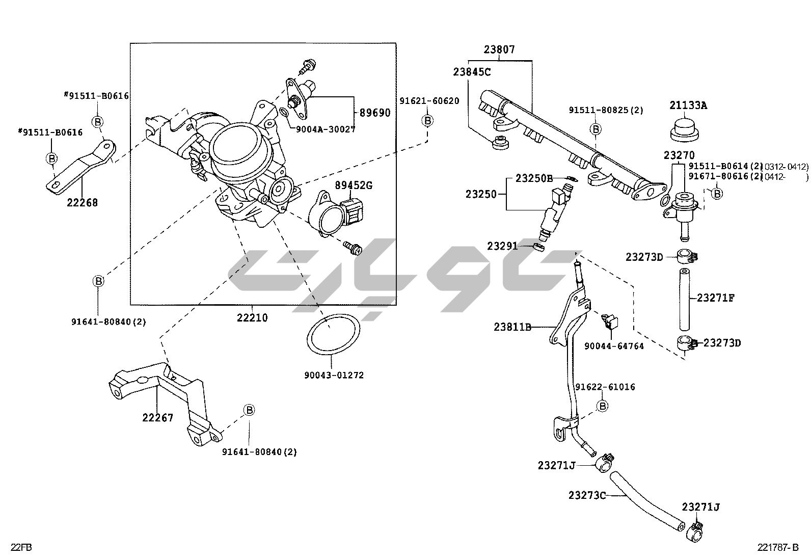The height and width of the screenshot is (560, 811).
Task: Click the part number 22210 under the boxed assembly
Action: pos(252,317)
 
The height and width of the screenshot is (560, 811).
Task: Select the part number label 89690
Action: pos(374,113)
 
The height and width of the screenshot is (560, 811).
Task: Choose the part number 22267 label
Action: pos(157,418)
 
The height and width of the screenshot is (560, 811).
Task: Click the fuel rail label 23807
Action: pos(499,50)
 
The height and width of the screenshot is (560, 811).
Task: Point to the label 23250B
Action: pos(534,178)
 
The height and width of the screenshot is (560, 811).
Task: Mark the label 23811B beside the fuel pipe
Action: pos(512,327)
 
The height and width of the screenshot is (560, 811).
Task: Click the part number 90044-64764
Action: pos(614,346)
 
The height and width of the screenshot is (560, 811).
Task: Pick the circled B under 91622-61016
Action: pos(602,406)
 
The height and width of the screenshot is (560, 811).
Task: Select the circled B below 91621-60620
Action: pos(427,120)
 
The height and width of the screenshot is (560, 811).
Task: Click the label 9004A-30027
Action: pos(325,129)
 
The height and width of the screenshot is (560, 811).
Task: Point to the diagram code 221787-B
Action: pos(777,548)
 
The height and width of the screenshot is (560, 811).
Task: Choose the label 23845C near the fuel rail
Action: pos(472,72)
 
